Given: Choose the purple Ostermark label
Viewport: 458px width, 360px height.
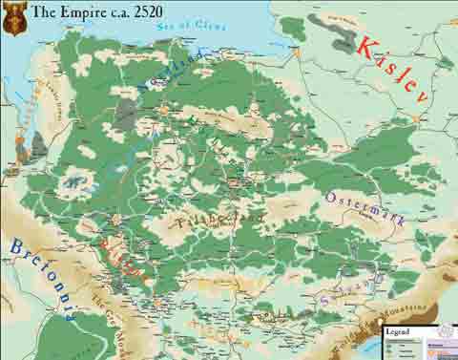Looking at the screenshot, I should [x=365, y=209].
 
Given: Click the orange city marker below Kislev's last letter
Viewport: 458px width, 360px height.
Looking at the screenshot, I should [x=417, y=117].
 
